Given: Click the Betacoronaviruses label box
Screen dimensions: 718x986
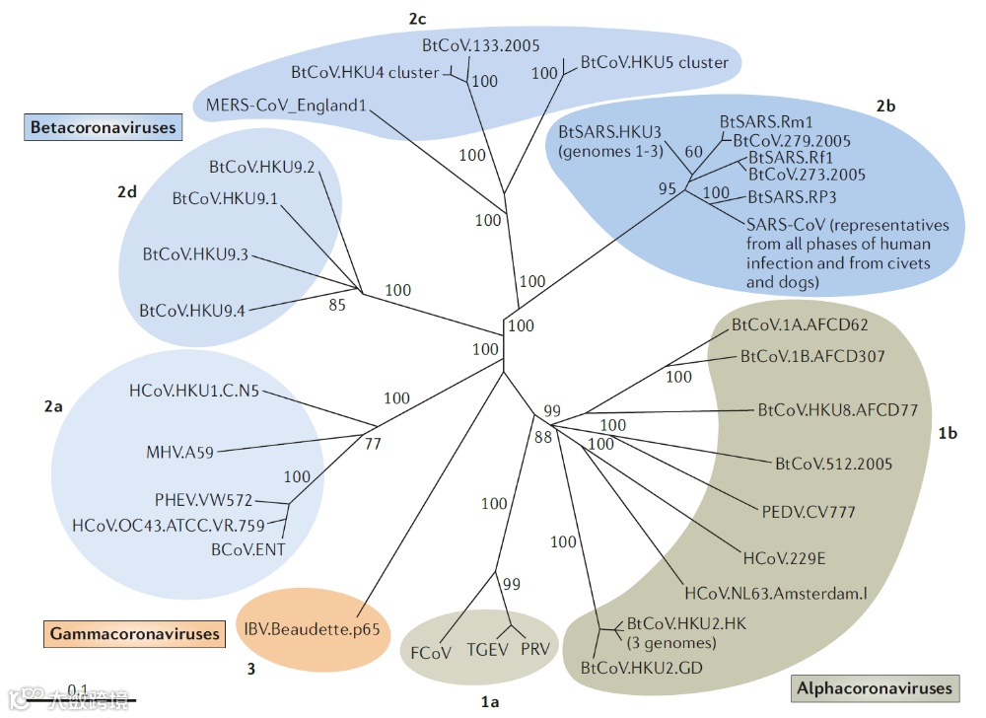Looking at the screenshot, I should (103, 127).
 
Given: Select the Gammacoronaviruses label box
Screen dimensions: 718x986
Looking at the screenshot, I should (133, 632).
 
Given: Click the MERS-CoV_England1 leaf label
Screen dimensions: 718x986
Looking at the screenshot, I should (287, 105).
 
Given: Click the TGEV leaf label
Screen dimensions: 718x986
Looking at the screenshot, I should (486, 651).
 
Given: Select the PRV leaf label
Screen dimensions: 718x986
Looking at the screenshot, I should (534, 651).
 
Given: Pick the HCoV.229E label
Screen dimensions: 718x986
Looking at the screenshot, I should (784, 559).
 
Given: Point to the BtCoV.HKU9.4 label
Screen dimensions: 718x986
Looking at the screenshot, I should (191, 310).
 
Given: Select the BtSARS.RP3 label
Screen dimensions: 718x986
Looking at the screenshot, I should (792, 196).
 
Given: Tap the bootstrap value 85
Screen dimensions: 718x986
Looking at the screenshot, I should (337, 305).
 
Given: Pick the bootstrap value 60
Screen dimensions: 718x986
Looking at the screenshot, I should (694, 152).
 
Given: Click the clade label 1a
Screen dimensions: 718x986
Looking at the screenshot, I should (490, 702).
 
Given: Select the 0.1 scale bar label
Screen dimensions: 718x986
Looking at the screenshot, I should (79, 688).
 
